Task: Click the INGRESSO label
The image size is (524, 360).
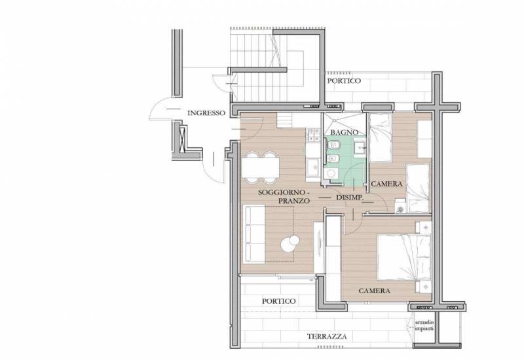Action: coord(206,113)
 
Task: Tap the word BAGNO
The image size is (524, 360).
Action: coord(345,132)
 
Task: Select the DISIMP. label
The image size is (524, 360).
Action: coord(349,198)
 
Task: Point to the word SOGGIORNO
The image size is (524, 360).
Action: coord(282,192)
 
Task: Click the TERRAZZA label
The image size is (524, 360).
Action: coord(327,336)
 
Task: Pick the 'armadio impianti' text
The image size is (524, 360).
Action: coord(424,325)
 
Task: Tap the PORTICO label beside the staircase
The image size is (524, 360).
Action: coord(344,81)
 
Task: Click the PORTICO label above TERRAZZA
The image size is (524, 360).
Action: coord(279,301)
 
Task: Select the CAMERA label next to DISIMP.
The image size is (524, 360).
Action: coord(386,184)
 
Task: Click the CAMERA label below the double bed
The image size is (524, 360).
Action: coord(374,291)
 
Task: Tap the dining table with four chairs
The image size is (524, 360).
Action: coord(260,168)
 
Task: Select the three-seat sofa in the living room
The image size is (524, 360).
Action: coord(254,234)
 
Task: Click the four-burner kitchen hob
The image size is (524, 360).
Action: coord(314,135)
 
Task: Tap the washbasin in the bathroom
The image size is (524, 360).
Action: coord(360,147)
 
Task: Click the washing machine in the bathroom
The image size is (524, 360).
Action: coord(331,174)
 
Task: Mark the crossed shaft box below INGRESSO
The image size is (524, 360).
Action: coord(183,139)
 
